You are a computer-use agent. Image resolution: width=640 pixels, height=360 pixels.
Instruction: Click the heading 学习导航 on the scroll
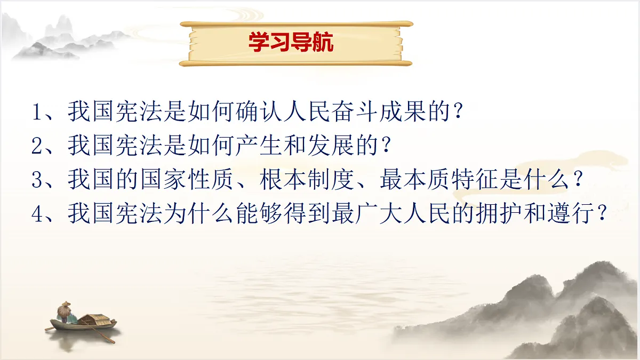coord(291,43)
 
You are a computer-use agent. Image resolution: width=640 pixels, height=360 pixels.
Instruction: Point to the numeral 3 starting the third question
coord(37,180)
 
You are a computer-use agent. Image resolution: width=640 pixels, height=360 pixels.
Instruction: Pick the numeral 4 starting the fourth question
coord(37,214)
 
